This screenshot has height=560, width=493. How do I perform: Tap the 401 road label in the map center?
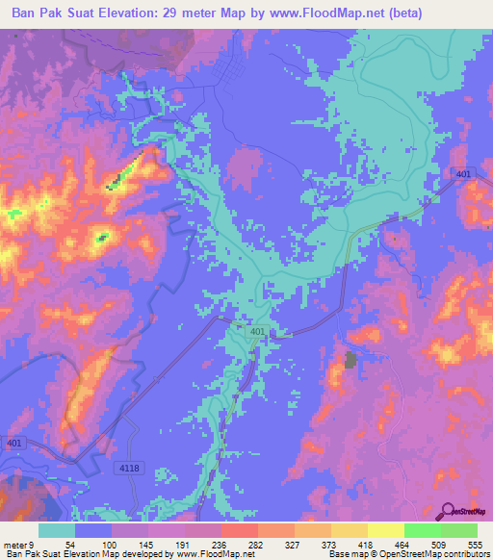pos(257,332)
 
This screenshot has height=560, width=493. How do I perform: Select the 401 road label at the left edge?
pos(12,443)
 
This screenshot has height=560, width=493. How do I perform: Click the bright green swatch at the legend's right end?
pos(459,530)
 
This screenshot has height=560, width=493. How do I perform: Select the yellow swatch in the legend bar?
pos(386,530)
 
